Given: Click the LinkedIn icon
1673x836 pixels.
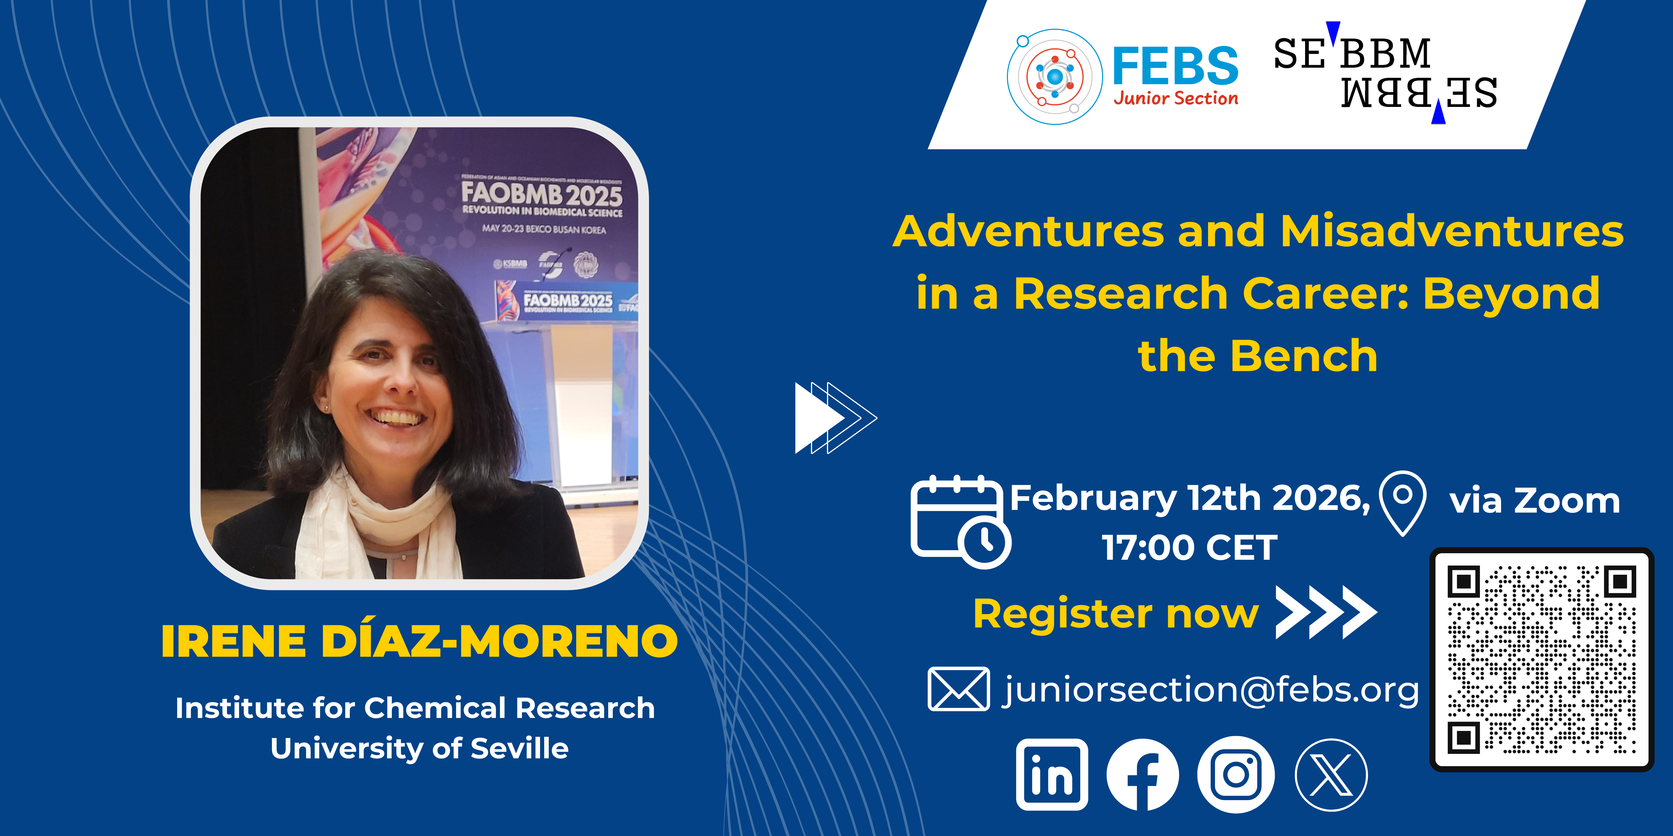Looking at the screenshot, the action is (1052, 774).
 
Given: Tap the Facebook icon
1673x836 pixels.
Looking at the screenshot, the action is (1143, 774).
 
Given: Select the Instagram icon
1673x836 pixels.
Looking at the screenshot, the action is (1236, 774).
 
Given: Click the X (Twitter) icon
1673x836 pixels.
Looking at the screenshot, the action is (1331, 774).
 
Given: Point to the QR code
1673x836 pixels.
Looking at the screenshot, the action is (1542, 659).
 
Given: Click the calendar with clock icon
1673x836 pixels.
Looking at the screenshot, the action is (960, 522).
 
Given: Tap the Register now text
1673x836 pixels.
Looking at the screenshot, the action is (1116, 613).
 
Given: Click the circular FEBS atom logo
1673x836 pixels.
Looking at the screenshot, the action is (1055, 77).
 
